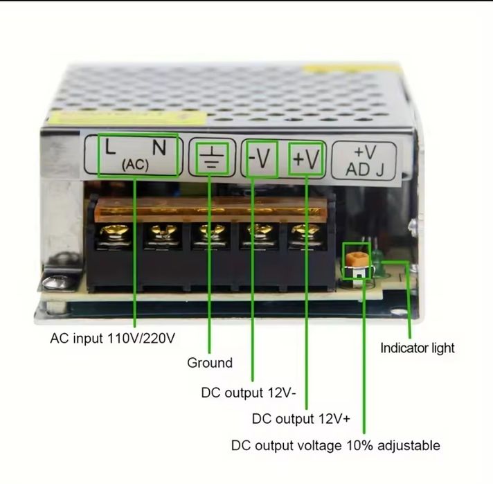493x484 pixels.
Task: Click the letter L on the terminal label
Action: (110, 147)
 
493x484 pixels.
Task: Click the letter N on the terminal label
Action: (159, 147)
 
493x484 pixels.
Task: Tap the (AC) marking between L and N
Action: (135, 164)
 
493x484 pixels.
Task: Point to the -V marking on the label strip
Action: (260, 159)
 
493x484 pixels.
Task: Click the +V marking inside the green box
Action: (306, 159)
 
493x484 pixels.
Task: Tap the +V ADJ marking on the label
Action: (365, 161)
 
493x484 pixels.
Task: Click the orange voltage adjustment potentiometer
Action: (357, 260)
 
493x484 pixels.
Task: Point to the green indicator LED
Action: (377, 260)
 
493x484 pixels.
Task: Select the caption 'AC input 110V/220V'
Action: (113, 339)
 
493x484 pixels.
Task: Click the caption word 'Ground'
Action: (210, 363)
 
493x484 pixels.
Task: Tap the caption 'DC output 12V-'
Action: (249, 393)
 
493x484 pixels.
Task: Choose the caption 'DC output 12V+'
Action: (301, 419)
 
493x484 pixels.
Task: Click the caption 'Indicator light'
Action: (418, 348)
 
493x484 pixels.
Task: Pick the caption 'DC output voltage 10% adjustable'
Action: (336, 445)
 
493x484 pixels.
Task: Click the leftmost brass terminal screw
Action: (114, 233)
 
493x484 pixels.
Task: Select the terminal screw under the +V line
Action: (306, 233)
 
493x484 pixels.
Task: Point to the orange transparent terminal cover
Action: (211, 209)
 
